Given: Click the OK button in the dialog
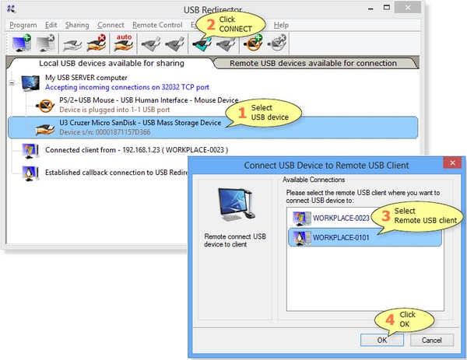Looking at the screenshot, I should (x=381, y=340).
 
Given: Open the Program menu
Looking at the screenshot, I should (x=23, y=25).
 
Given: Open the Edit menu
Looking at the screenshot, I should (x=51, y=25).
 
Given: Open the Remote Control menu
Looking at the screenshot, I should (x=157, y=25).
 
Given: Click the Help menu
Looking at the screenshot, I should (x=281, y=25).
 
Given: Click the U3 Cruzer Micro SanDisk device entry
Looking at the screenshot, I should (x=141, y=123).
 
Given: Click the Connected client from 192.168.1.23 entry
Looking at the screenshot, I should (x=136, y=149).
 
